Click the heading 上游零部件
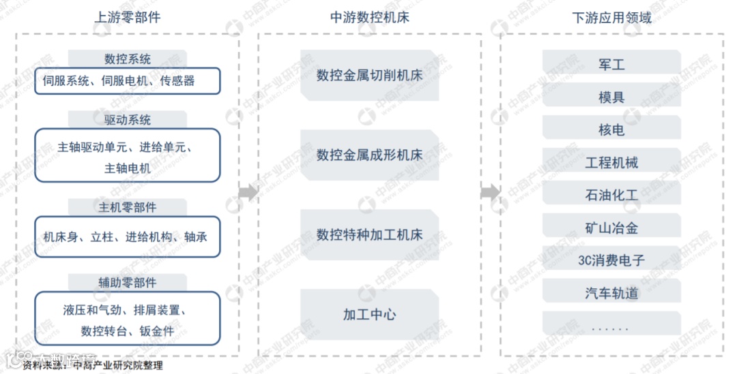pyautogui.click(x=128, y=17)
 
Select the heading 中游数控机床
pyautogui.click(x=370, y=17)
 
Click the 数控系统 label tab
pyautogui.click(x=128, y=59)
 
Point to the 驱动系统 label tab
pyautogui.click(x=128, y=120)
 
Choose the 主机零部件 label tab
pyautogui.click(x=128, y=207)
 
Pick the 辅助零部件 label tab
pyautogui.click(x=128, y=283)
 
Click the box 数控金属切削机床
pyautogui.click(x=369, y=76)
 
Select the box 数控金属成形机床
pyautogui.click(x=369, y=155)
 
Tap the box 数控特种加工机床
pyautogui.click(x=369, y=235)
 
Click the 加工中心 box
pyautogui.click(x=369, y=315)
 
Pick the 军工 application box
pyautogui.click(x=611, y=65)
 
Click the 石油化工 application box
pyautogui.click(x=611, y=196)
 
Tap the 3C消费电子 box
pyautogui.click(x=611, y=260)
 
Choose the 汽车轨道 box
pyautogui.click(x=611, y=293)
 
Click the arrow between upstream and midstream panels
pyautogui.click(x=248, y=192)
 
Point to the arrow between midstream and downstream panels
pyautogui.click(x=489, y=192)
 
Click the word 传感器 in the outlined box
pyautogui.click(x=177, y=81)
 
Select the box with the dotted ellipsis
pyautogui.click(x=611, y=326)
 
